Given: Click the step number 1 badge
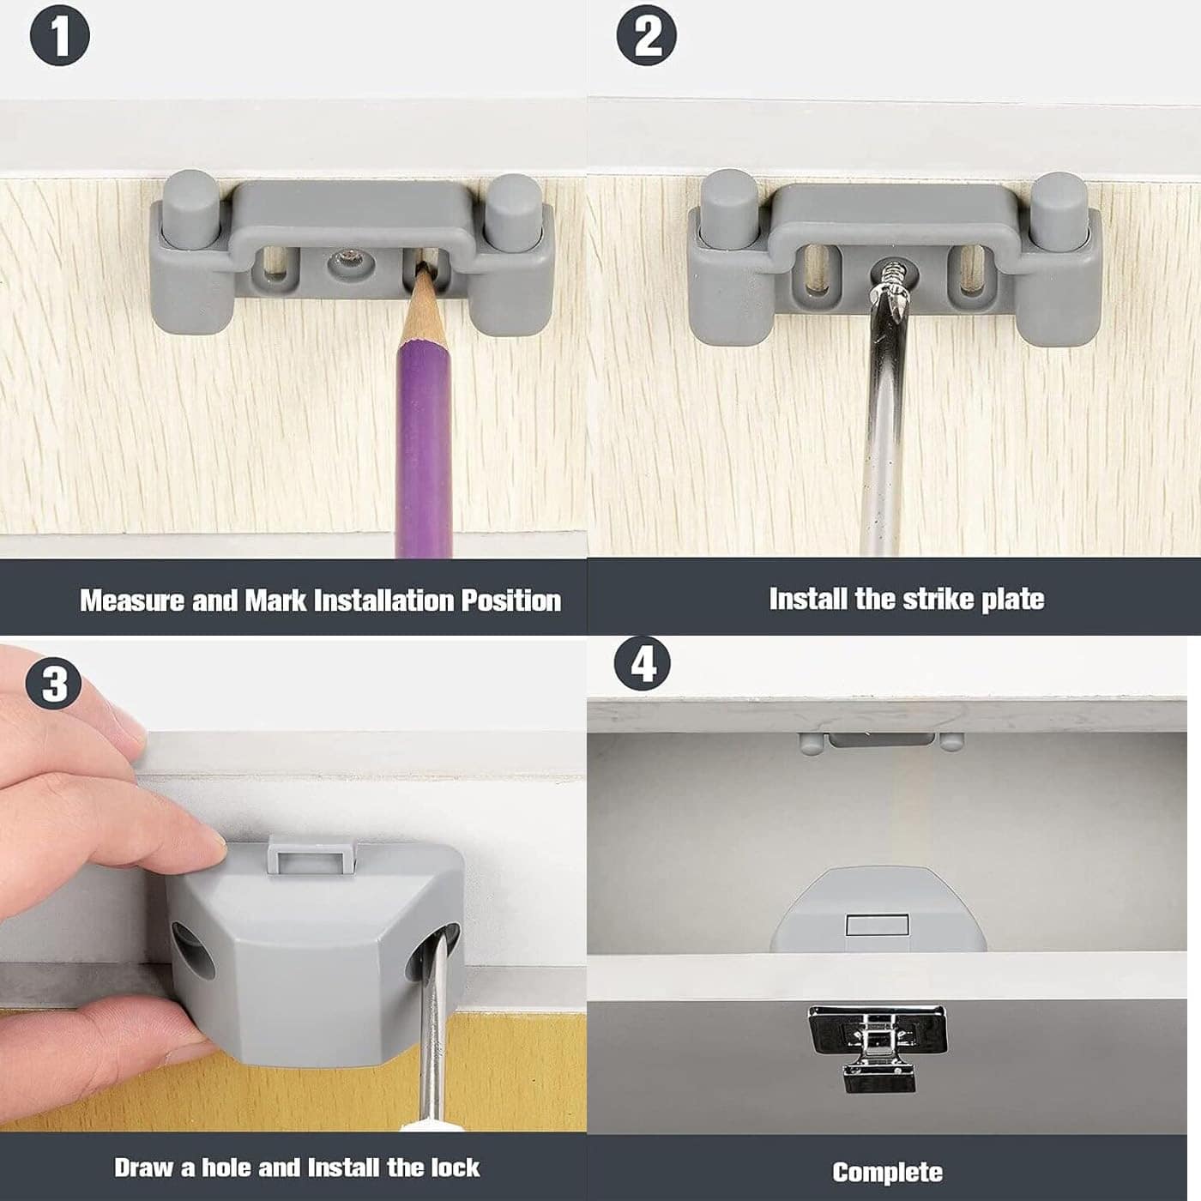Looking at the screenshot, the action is (x=60, y=35).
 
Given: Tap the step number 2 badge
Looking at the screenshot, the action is (x=646, y=35).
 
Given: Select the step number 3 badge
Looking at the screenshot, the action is (x=53, y=683).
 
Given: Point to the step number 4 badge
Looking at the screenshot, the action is (x=643, y=664).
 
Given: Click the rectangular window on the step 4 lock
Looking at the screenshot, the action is (x=876, y=924).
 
